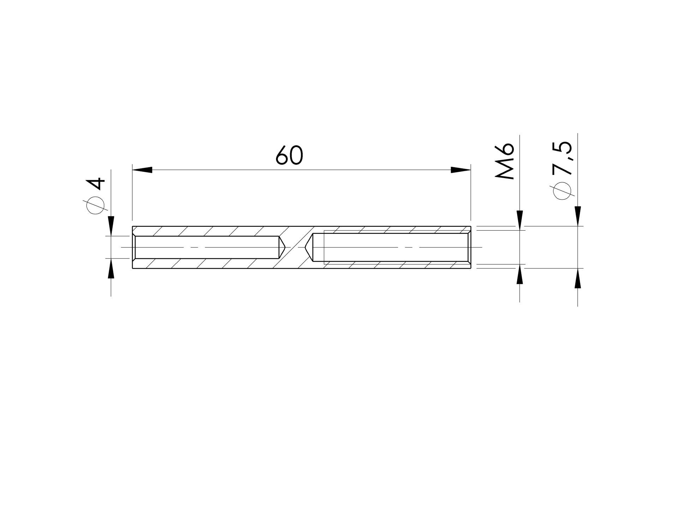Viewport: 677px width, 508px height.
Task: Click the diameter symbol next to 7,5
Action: pyautogui.click(x=562, y=191)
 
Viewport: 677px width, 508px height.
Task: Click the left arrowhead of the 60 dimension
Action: pyautogui.click(x=142, y=170)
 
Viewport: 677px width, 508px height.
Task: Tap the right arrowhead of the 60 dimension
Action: pyautogui.click(x=461, y=170)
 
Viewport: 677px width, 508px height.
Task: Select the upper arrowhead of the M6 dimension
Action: pyautogui.click(x=520, y=220)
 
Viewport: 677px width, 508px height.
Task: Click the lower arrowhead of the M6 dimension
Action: pyautogui.click(x=520, y=274)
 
